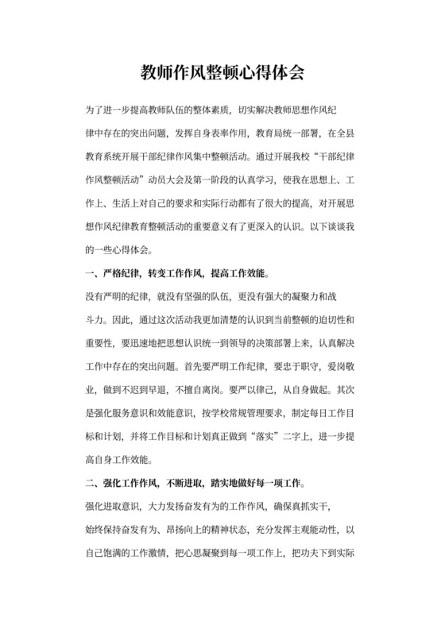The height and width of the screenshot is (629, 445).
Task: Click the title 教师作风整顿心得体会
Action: [x=222, y=73]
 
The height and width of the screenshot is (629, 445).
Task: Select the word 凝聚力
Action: [x=313, y=296]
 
